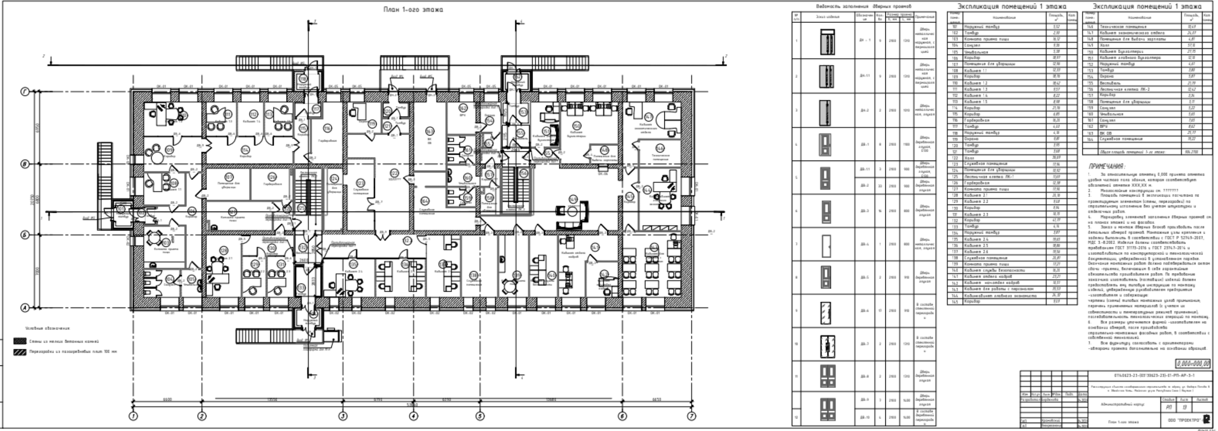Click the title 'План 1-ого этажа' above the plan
[413, 10]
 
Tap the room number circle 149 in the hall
[573, 199]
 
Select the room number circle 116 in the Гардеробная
[327, 128]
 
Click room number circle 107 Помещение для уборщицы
[229, 177]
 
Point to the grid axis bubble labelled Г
[25, 92]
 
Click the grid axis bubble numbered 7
[691, 416]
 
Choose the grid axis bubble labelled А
[25, 308]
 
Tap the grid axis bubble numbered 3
[343, 416]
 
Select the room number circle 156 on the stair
[523, 174]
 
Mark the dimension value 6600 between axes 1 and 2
[167, 400]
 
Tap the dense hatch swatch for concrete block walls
[20, 341]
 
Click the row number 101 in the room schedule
[955, 27]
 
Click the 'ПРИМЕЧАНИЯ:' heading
[1107, 167]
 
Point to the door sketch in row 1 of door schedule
[827, 41]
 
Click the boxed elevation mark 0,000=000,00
[1193, 364]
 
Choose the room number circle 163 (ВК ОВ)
[429, 131]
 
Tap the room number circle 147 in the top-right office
[648, 117]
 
